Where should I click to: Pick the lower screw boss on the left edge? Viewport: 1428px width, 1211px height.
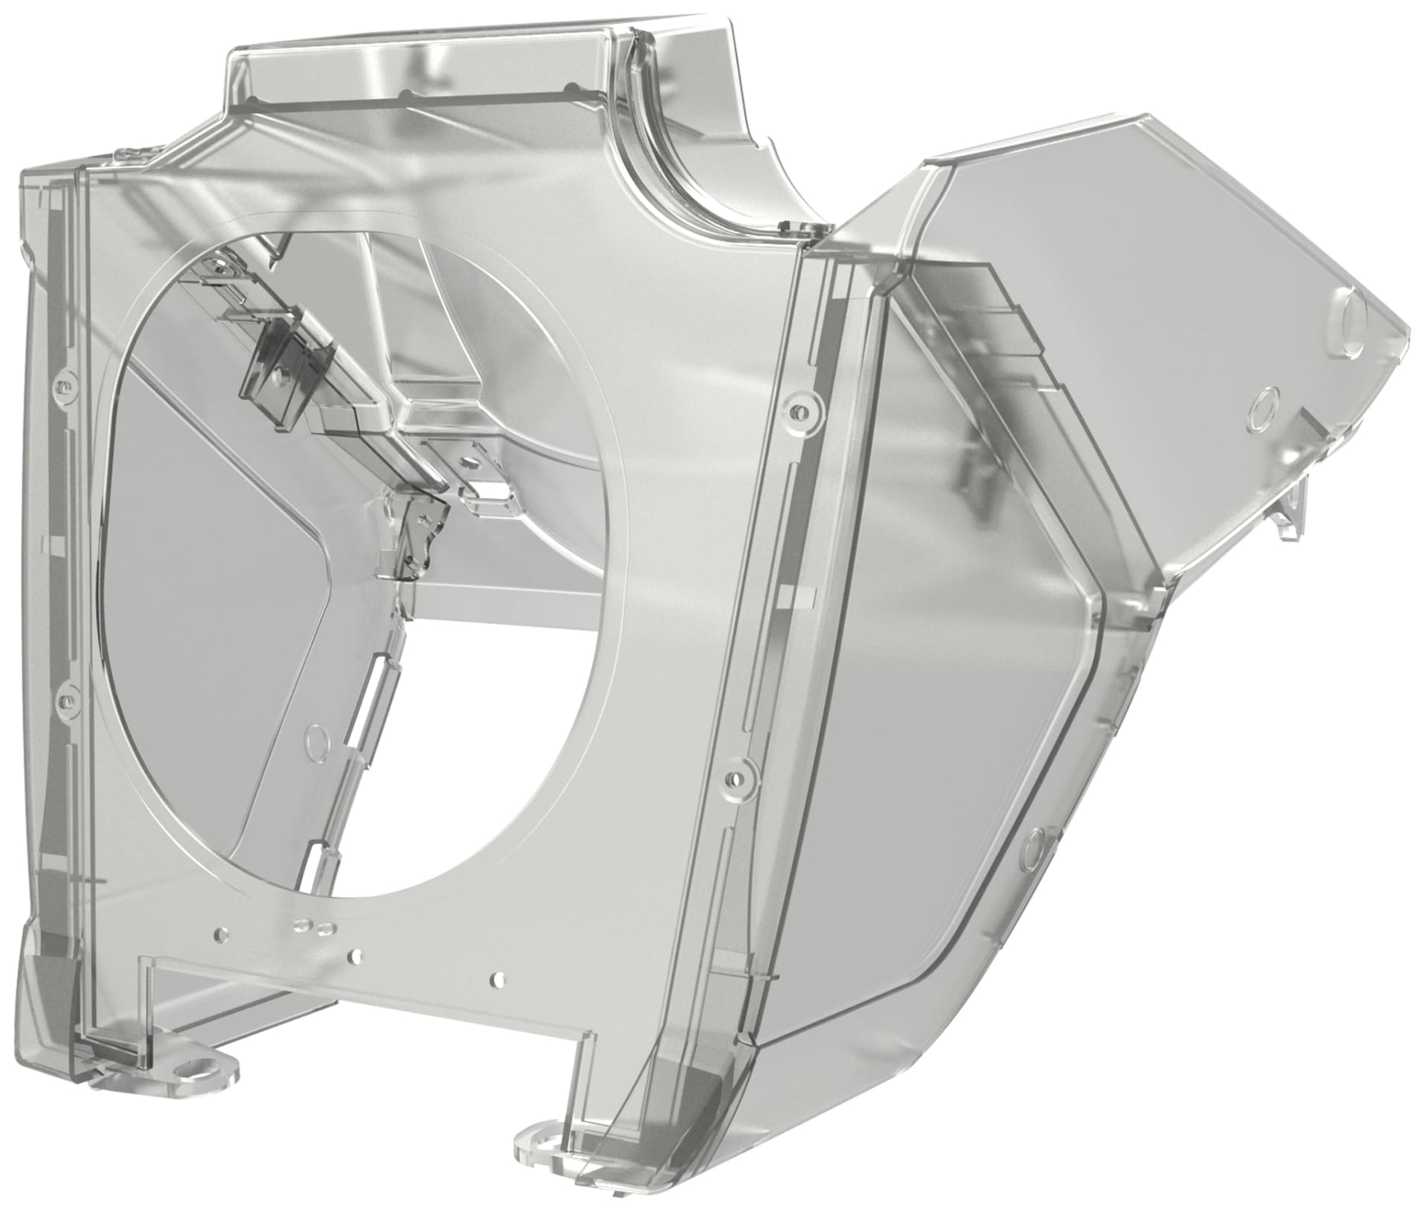(x=65, y=700)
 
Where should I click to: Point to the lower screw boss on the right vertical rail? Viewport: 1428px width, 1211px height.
(x=736, y=778)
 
